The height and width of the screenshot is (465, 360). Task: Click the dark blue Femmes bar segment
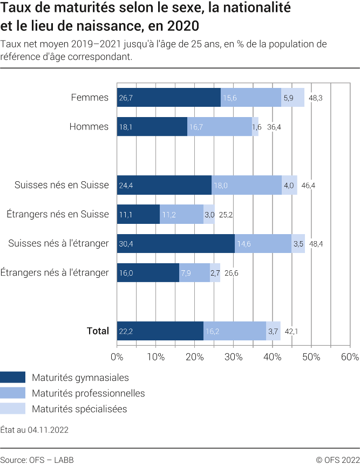(x=168, y=98)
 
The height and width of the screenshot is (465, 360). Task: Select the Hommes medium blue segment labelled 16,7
(x=220, y=127)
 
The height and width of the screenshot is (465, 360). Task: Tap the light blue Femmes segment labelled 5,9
(x=293, y=98)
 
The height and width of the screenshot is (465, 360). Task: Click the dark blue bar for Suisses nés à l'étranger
(x=175, y=243)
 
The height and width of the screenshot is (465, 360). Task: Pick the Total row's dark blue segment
(x=160, y=331)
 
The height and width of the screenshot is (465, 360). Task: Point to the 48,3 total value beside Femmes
(x=316, y=98)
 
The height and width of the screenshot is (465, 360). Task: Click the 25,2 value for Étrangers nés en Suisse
(x=226, y=215)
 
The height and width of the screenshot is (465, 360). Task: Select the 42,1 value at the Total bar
(x=292, y=331)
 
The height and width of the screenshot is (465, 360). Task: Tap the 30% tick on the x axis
(x=233, y=357)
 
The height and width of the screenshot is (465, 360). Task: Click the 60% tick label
(x=350, y=357)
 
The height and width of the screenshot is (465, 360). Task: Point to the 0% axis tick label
(x=117, y=357)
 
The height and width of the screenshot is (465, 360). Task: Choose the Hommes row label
(x=89, y=127)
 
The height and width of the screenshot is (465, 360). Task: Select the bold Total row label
(x=98, y=331)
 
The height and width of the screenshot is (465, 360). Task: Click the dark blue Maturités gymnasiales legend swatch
(x=13, y=378)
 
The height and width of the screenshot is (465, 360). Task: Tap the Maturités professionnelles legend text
(x=89, y=393)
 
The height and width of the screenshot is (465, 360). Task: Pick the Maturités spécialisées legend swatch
(x=13, y=409)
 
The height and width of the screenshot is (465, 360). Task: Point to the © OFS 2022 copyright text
(x=337, y=460)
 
